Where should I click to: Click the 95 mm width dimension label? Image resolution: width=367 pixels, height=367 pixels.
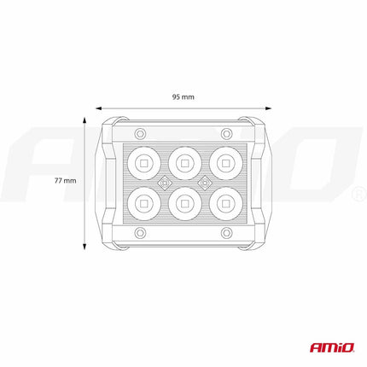pyautogui.click(x=183, y=96)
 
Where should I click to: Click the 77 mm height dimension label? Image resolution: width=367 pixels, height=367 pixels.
pyautogui.click(x=64, y=181)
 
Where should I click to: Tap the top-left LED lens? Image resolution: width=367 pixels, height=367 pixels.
pyautogui.click(x=142, y=160)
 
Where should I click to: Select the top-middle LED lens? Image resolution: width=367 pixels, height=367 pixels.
pyautogui.click(x=183, y=160)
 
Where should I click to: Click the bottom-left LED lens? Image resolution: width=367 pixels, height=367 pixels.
pyautogui.click(x=142, y=203)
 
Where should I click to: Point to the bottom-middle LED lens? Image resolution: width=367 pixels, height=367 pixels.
pyautogui.click(x=183, y=203)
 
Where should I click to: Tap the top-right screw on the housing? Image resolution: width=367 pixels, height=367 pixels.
pyautogui.click(x=226, y=132)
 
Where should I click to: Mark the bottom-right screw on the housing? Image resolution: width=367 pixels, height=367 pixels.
pyautogui.click(x=226, y=232)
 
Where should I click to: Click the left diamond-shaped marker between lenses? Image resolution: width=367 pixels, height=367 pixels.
pyautogui.click(x=162, y=182)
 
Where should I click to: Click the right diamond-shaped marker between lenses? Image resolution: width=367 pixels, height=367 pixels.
pyautogui.click(x=205, y=182)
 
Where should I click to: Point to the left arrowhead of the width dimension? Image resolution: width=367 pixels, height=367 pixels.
pyautogui.click(x=97, y=108)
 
